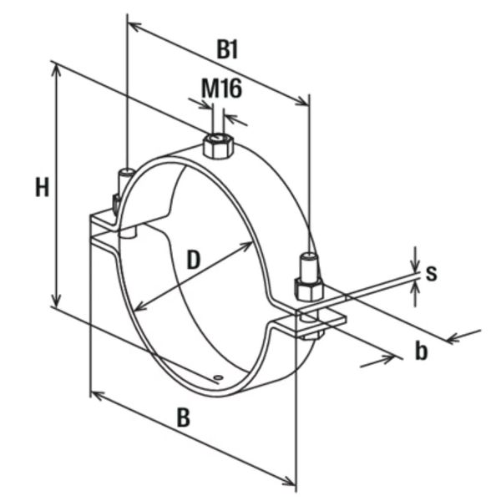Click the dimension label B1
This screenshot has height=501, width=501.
pyautogui.click(x=228, y=48)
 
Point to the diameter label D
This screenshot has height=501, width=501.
pyautogui.click(x=193, y=260)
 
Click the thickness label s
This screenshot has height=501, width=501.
pyautogui.click(x=431, y=272)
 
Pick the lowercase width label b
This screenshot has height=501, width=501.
pyautogui.click(x=422, y=351)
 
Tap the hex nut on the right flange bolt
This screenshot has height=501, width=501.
pyautogui.click(x=308, y=288)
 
